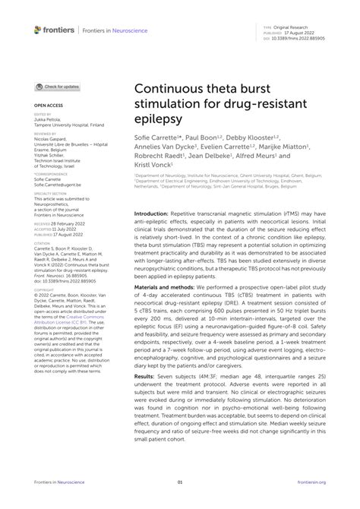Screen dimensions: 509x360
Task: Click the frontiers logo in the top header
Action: [55, 30]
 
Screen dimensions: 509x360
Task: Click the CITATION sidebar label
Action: [42, 243]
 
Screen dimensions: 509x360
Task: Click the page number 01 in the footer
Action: [180, 482]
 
